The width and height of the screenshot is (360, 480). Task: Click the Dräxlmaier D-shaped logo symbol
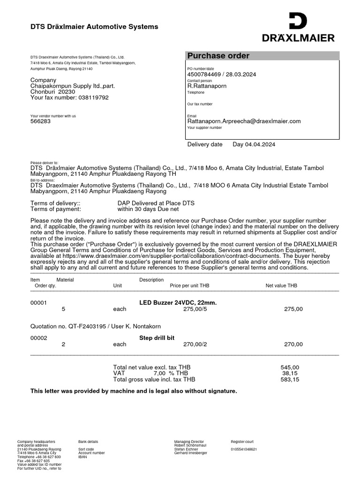(298, 21)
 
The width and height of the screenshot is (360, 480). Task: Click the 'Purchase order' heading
(218, 56)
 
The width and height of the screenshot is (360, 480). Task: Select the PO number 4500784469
(204, 74)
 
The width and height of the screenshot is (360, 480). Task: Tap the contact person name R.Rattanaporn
(207, 86)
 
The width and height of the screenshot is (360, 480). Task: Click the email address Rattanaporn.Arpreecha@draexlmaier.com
(244, 121)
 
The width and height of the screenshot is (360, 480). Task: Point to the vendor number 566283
(41, 121)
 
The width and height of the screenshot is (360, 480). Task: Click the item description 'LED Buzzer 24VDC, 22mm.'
(178, 303)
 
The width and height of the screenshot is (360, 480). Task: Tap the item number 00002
(39, 337)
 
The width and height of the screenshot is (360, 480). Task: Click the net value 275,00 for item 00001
(293, 309)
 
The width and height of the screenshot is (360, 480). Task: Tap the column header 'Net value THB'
(281, 285)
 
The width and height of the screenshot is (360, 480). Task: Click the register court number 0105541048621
(244, 449)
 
